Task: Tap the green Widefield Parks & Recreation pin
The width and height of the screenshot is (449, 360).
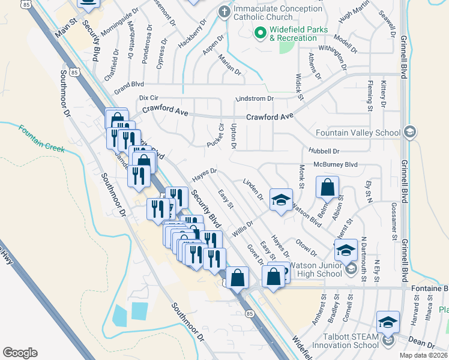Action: (x=260, y=32)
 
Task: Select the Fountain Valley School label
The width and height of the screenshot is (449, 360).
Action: (x=358, y=133)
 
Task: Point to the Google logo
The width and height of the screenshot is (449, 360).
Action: (x=20, y=352)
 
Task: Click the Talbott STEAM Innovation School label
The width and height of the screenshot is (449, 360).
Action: (x=340, y=340)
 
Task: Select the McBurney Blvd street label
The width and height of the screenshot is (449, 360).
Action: (x=336, y=164)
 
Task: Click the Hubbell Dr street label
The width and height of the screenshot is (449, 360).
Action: (x=324, y=151)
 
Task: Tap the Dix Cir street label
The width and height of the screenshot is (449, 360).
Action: (x=151, y=97)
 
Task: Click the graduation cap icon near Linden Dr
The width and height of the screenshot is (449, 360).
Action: (x=280, y=200)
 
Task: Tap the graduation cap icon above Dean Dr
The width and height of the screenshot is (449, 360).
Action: (x=388, y=322)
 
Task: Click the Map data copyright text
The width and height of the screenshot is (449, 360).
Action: (x=423, y=355)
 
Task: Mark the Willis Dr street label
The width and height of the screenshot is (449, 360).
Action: (x=243, y=227)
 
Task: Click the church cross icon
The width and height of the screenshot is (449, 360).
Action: (x=224, y=11)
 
